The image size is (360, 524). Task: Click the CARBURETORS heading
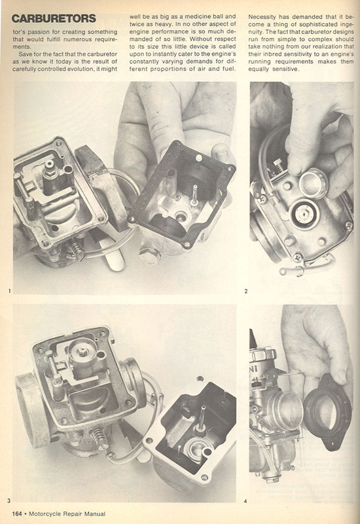54,18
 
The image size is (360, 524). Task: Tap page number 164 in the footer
17,514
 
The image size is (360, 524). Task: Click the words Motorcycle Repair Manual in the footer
67,514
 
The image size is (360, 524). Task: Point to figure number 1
10,291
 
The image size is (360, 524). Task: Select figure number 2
246,291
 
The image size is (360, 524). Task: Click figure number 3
9,500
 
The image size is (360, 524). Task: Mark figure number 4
245,501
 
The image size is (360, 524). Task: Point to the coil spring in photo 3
100,438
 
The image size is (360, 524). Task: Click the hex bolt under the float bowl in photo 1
149,256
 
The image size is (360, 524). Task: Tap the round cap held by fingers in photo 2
314,183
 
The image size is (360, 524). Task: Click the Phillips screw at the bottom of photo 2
297,257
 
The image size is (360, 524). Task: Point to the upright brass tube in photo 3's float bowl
202,419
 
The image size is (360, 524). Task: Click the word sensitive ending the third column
285,69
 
